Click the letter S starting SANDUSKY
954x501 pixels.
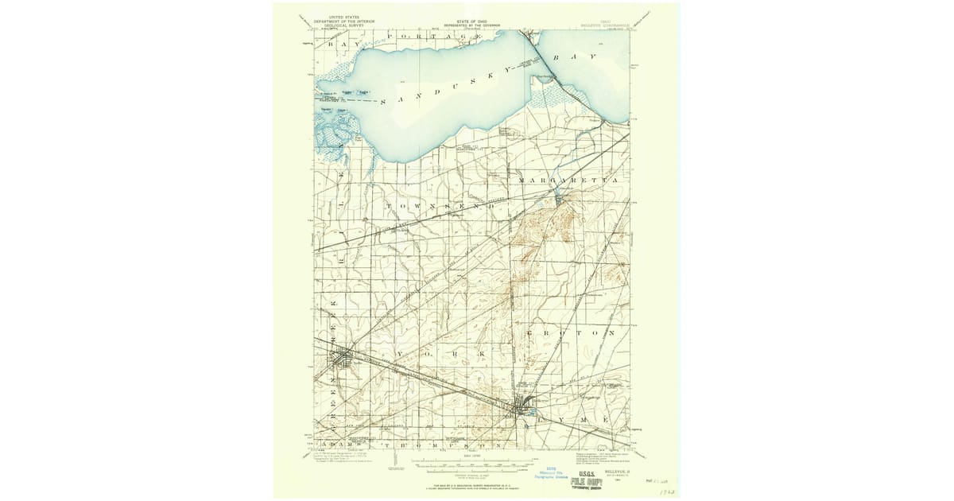click(384, 102)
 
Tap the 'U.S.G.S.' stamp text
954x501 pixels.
click(588, 472)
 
